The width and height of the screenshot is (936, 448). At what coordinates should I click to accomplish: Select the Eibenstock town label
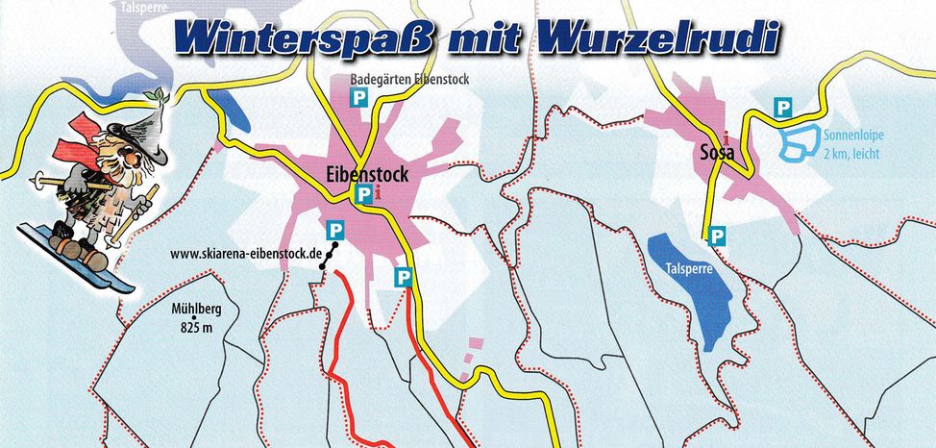365,175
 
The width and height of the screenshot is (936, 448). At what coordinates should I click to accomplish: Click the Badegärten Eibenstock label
410,80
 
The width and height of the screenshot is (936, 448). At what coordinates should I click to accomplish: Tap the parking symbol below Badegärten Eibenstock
358,97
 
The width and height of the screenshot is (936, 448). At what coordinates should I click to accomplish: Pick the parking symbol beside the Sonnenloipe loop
783,109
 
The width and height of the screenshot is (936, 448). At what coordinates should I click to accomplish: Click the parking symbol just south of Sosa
716,234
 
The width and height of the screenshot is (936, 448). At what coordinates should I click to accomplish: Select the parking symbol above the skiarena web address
334,230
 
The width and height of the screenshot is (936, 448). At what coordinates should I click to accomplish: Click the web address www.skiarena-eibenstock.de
245,255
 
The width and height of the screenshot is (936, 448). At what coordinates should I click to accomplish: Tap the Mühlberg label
196,311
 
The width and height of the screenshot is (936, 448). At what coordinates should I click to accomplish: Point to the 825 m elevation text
195,328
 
